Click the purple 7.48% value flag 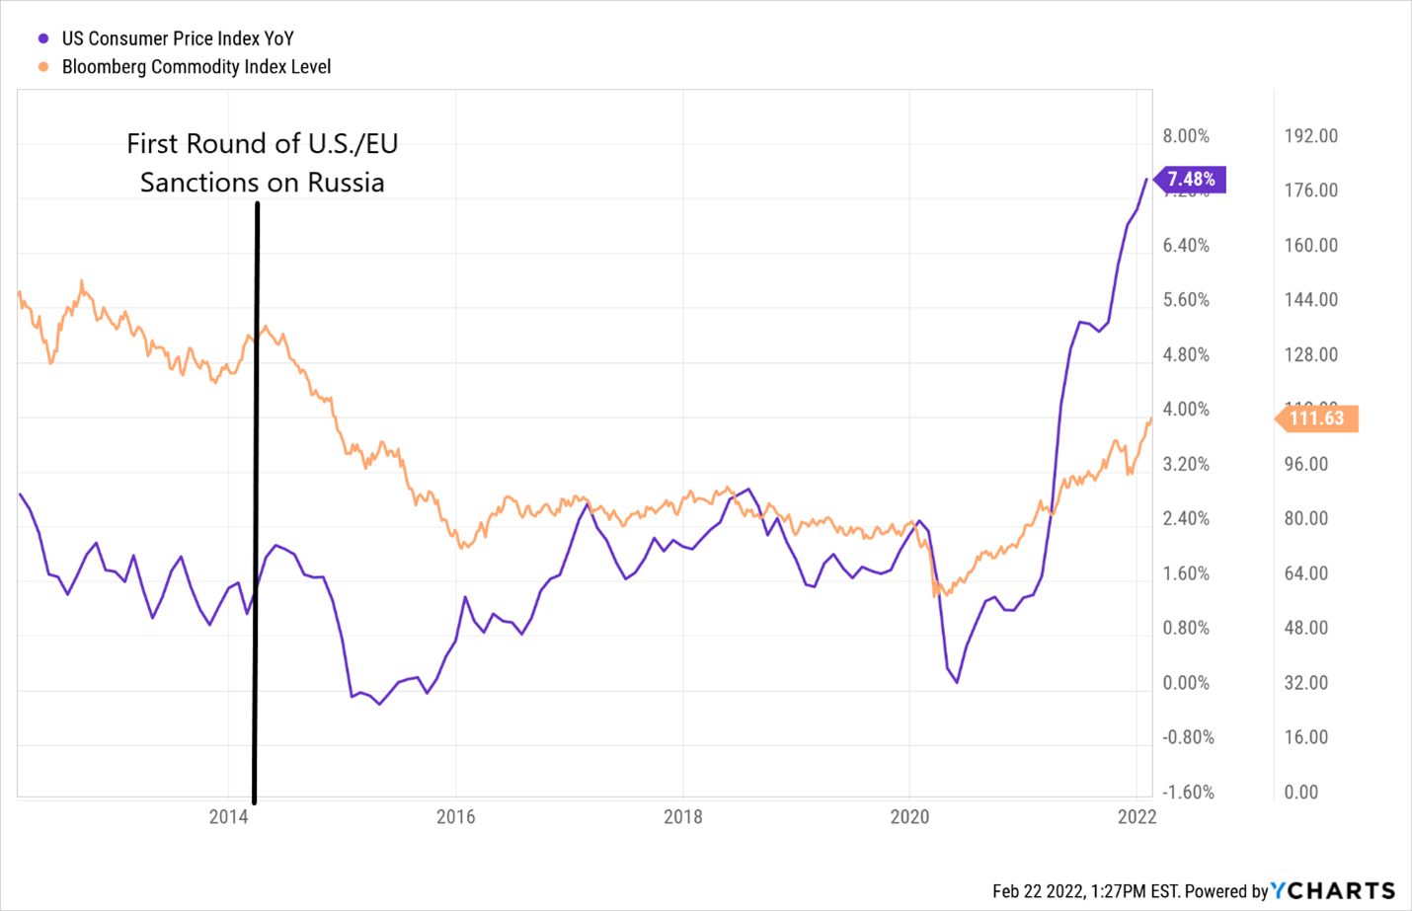click(1191, 180)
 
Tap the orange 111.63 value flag click(1317, 418)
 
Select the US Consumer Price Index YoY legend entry click(178, 38)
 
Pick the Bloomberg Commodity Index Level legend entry click(196, 67)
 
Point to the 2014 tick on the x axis click(228, 817)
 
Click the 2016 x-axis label click(455, 817)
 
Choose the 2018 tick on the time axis click(682, 817)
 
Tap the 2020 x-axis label click(909, 817)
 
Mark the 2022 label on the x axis click(1137, 817)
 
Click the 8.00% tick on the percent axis click(1186, 136)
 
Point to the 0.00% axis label click(1186, 683)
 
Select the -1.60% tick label click(1188, 793)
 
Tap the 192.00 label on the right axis click(1310, 136)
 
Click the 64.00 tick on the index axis click(1305, 573)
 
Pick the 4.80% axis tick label click(1186, 355)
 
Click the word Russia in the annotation click(346, 183)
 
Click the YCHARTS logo click(1333, 891)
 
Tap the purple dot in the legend click(43, 39)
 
